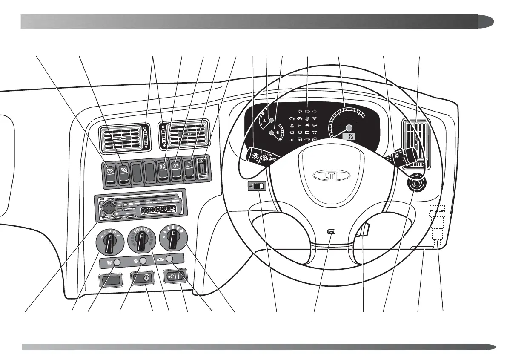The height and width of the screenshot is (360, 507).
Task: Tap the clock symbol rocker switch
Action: click(145, 278)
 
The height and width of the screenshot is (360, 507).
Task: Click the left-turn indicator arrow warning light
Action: click(300, 110)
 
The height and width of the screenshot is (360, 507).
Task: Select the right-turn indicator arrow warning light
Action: click(315, 110)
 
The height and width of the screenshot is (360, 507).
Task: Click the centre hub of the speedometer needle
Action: click(349, 127)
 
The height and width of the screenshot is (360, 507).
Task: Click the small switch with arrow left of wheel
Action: click(257, 186)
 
